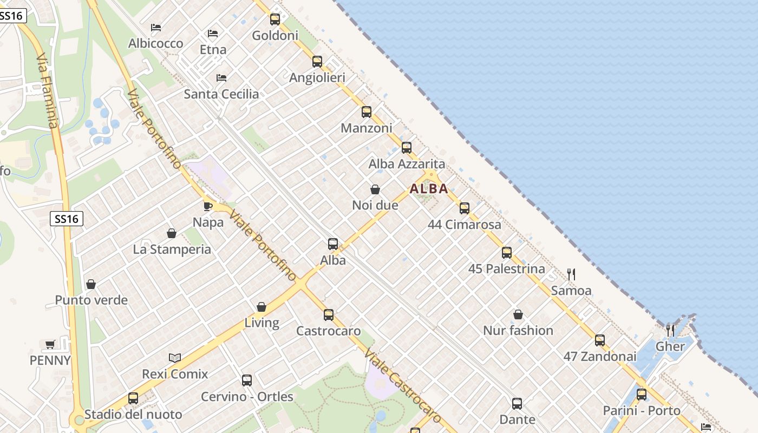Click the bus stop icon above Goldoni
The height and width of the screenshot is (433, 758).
275,19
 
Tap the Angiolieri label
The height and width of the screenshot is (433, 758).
317,78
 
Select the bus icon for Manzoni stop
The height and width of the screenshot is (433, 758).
367,112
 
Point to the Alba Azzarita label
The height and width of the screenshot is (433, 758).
407,164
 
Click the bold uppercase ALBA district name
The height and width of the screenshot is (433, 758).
429,189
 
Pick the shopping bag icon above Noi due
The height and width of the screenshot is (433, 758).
375,189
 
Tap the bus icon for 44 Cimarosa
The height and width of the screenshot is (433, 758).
465,208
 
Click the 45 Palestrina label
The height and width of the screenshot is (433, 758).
506,269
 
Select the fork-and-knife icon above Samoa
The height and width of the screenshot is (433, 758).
571,274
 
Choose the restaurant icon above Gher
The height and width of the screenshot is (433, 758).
670,330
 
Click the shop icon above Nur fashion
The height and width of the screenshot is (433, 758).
518,314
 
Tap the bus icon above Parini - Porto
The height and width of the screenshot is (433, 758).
642,395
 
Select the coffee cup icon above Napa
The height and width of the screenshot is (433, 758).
208,206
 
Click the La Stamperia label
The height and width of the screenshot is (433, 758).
172,250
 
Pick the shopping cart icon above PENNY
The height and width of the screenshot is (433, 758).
50,344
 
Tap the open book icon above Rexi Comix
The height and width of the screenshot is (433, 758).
175,358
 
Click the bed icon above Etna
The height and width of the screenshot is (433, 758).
213,34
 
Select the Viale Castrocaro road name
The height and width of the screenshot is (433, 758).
403,386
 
